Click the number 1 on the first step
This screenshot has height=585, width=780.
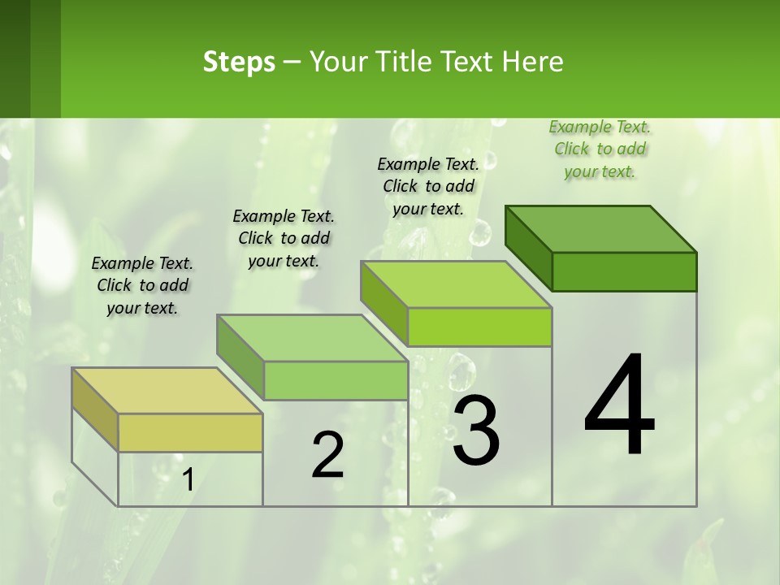click(x=188, y=480)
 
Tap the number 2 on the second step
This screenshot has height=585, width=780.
click(x=327, y=455)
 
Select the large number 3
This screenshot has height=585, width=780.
click(x=475, y=431)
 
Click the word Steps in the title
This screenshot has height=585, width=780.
click(x=239, y=62)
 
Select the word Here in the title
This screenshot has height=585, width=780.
click(x=533, y=62)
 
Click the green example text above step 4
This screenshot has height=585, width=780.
click(x=600, y=149)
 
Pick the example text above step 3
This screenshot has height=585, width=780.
click(x=428, y=186)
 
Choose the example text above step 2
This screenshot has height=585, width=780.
click(x=284, y=238)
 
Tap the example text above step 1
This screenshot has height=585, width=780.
click(x=142, y=285)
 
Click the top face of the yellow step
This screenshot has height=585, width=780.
click(x=167, y=391)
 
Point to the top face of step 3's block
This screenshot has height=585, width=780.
click(x=456, y=284)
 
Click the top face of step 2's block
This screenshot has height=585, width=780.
click(x=312, y=338)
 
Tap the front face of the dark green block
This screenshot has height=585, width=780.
click(x=624, y=271)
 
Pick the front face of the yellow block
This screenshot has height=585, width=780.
click(x=190, y=432)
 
